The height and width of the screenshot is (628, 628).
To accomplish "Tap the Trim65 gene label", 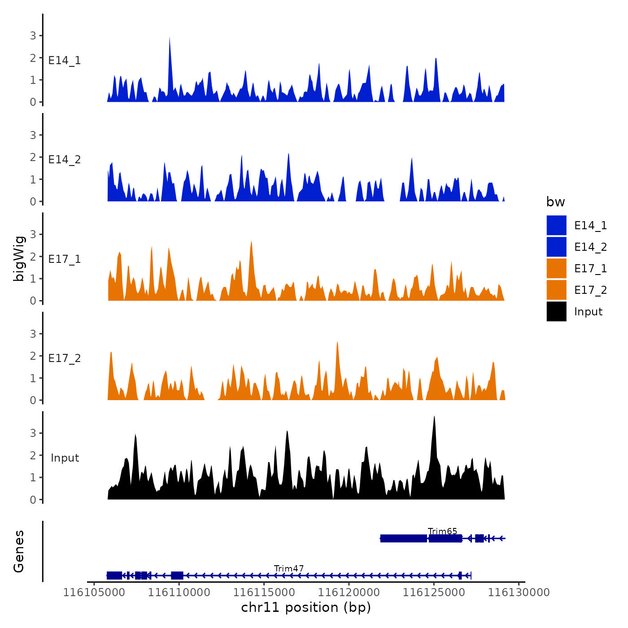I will (x=442, y=532).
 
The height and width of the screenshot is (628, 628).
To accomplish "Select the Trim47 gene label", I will (x=289, y=569).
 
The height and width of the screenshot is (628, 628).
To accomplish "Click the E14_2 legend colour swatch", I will (x=556, y=247).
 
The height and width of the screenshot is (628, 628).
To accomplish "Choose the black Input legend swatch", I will (x=556, y=311).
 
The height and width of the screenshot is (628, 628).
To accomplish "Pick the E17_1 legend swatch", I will (x=556, y=268).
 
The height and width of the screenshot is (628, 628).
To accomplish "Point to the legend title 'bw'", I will (x=555, y=202).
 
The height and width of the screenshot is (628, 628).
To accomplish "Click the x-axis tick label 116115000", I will (x=264, y=593).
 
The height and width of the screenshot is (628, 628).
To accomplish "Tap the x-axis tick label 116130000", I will (x=519, y=593).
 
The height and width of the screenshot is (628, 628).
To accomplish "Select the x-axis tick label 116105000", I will (x=94, y=593).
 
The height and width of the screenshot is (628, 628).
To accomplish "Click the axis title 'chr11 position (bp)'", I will (x=306, y=607).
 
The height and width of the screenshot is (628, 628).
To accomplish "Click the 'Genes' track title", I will (x=19, y=551).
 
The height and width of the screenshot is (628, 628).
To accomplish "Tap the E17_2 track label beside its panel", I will (x=65, y=358).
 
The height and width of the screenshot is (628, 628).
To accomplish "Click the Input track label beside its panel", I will (x=65, y=458).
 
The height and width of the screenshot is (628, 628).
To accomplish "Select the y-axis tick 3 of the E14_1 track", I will (x=33, y=35).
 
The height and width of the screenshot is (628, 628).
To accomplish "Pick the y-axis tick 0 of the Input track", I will (x=33, y=500).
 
